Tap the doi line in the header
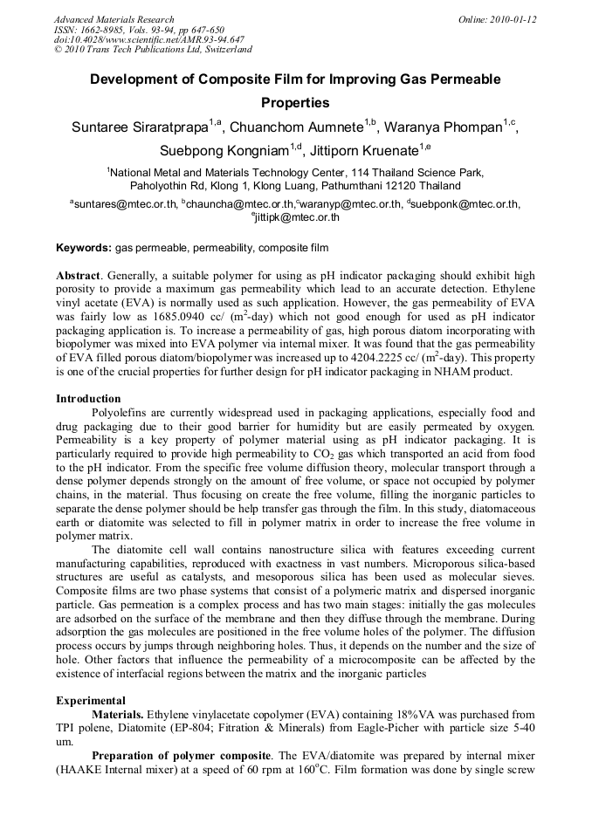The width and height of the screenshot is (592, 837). pos(149,39)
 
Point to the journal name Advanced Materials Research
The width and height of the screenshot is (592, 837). pos(114,19)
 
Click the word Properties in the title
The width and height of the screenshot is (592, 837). pos(295,102)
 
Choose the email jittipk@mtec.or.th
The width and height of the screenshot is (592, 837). pos(298,217)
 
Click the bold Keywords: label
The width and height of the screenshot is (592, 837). pos(84,248)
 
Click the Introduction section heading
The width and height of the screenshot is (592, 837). pos(89,399)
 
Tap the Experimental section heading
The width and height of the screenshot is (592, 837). pos(91,700)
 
